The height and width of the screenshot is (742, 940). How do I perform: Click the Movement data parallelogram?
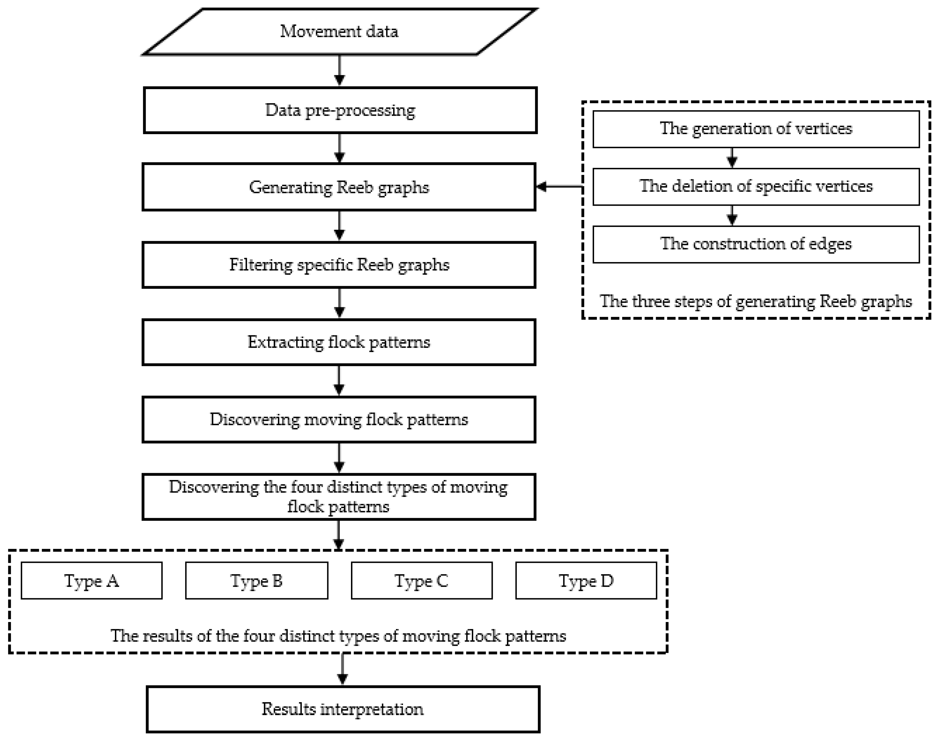339,32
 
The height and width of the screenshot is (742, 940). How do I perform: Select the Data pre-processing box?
340,110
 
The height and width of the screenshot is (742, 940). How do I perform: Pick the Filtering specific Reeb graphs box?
339,265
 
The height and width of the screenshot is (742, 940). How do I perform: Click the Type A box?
92,581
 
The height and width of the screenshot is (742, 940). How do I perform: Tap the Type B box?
256,581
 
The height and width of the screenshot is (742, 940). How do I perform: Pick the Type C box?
421,581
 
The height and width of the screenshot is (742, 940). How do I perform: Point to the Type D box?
586,581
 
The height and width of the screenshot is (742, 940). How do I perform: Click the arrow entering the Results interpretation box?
342,669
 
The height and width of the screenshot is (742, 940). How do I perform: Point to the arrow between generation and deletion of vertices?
732,158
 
